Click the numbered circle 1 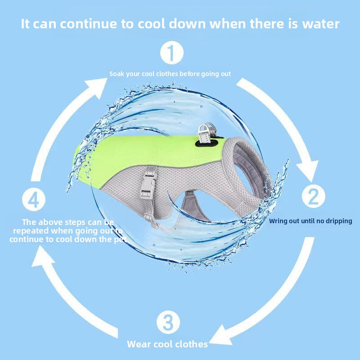coord(172,53)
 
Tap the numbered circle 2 coord(313,196)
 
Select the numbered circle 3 coord(168,322)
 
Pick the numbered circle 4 coord(34,199)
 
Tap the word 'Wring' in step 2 coord(276,221)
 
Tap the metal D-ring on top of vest coord(206,133)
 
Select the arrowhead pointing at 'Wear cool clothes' coord(221,336)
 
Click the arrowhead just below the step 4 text coord(42,256)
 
